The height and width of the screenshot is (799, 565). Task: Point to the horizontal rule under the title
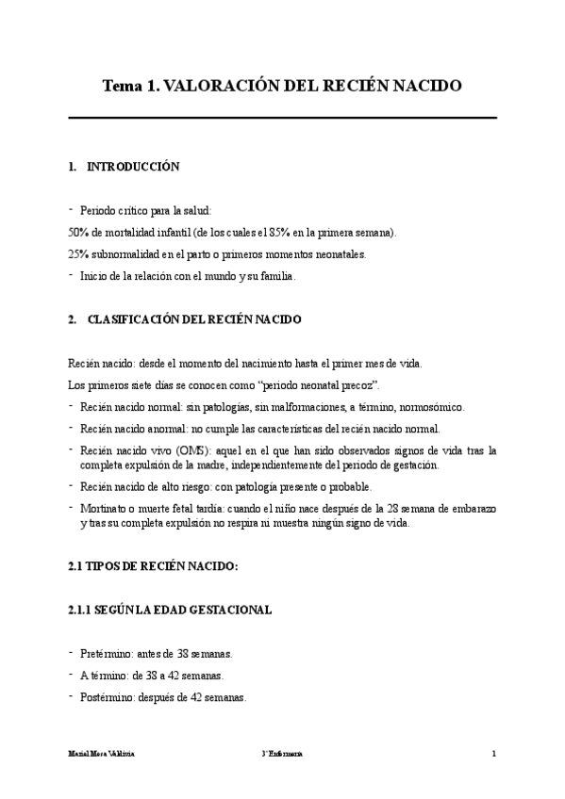coord(283,118)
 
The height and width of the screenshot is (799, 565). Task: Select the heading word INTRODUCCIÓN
coord(133,167)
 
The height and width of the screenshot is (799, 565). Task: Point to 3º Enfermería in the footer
coord(283,755)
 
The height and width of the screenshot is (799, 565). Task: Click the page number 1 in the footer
coord(493,755)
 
